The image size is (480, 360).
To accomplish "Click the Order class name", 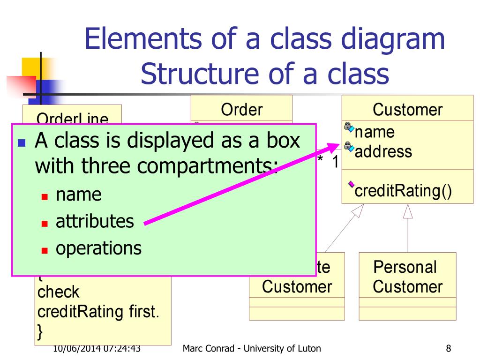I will (x=241, y=110).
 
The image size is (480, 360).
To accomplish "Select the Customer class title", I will (x=407, y=110).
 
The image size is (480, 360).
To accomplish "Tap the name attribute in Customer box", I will (x=375, y=133).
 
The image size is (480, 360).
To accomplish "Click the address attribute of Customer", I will (x=383, y=151).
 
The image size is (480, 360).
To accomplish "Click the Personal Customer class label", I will (x=407, y=277).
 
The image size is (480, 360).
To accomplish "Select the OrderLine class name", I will (x=72, y=119).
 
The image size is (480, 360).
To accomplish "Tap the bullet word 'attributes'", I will (x=95, y=221).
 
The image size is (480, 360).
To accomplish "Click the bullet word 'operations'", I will (x=98, y=248).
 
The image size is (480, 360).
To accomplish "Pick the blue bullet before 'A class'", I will (x=21, y=142).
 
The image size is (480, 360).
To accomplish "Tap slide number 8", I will (x=449, y=348).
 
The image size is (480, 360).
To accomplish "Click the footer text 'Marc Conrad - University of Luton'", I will (x=252, y=348).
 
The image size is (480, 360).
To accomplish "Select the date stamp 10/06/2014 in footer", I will (x=75, y=348).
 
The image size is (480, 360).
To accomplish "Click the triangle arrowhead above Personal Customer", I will (x=408, y=212).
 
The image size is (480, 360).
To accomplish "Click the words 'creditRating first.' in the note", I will (x=98, y=312).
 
